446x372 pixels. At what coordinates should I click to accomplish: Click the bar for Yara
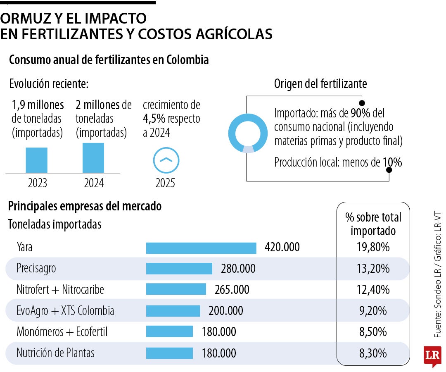(x=201, y=248)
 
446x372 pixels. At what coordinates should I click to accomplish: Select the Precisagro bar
(x=179, y=269)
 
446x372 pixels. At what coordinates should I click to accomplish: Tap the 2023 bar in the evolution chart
(x=36, y=160)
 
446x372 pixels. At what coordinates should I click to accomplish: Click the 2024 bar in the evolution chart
(x=93, y=158)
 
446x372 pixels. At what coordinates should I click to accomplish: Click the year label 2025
(x=165, y=183)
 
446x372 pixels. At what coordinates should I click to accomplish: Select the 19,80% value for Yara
(x=373, y=248)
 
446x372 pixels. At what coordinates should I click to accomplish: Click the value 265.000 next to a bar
(x=232, y=290)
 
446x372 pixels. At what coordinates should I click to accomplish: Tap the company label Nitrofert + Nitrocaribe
(x=61, y=290)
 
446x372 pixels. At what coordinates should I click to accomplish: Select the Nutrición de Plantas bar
(x=169, y=353)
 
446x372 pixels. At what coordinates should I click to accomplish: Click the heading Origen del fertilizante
(x=320, y=84)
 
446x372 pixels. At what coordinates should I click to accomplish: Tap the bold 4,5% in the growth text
(x=154, y=119)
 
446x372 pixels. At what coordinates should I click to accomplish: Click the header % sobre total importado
(x=373, y=224)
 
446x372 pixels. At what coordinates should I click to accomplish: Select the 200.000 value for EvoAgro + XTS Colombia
(x=225, y=311)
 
